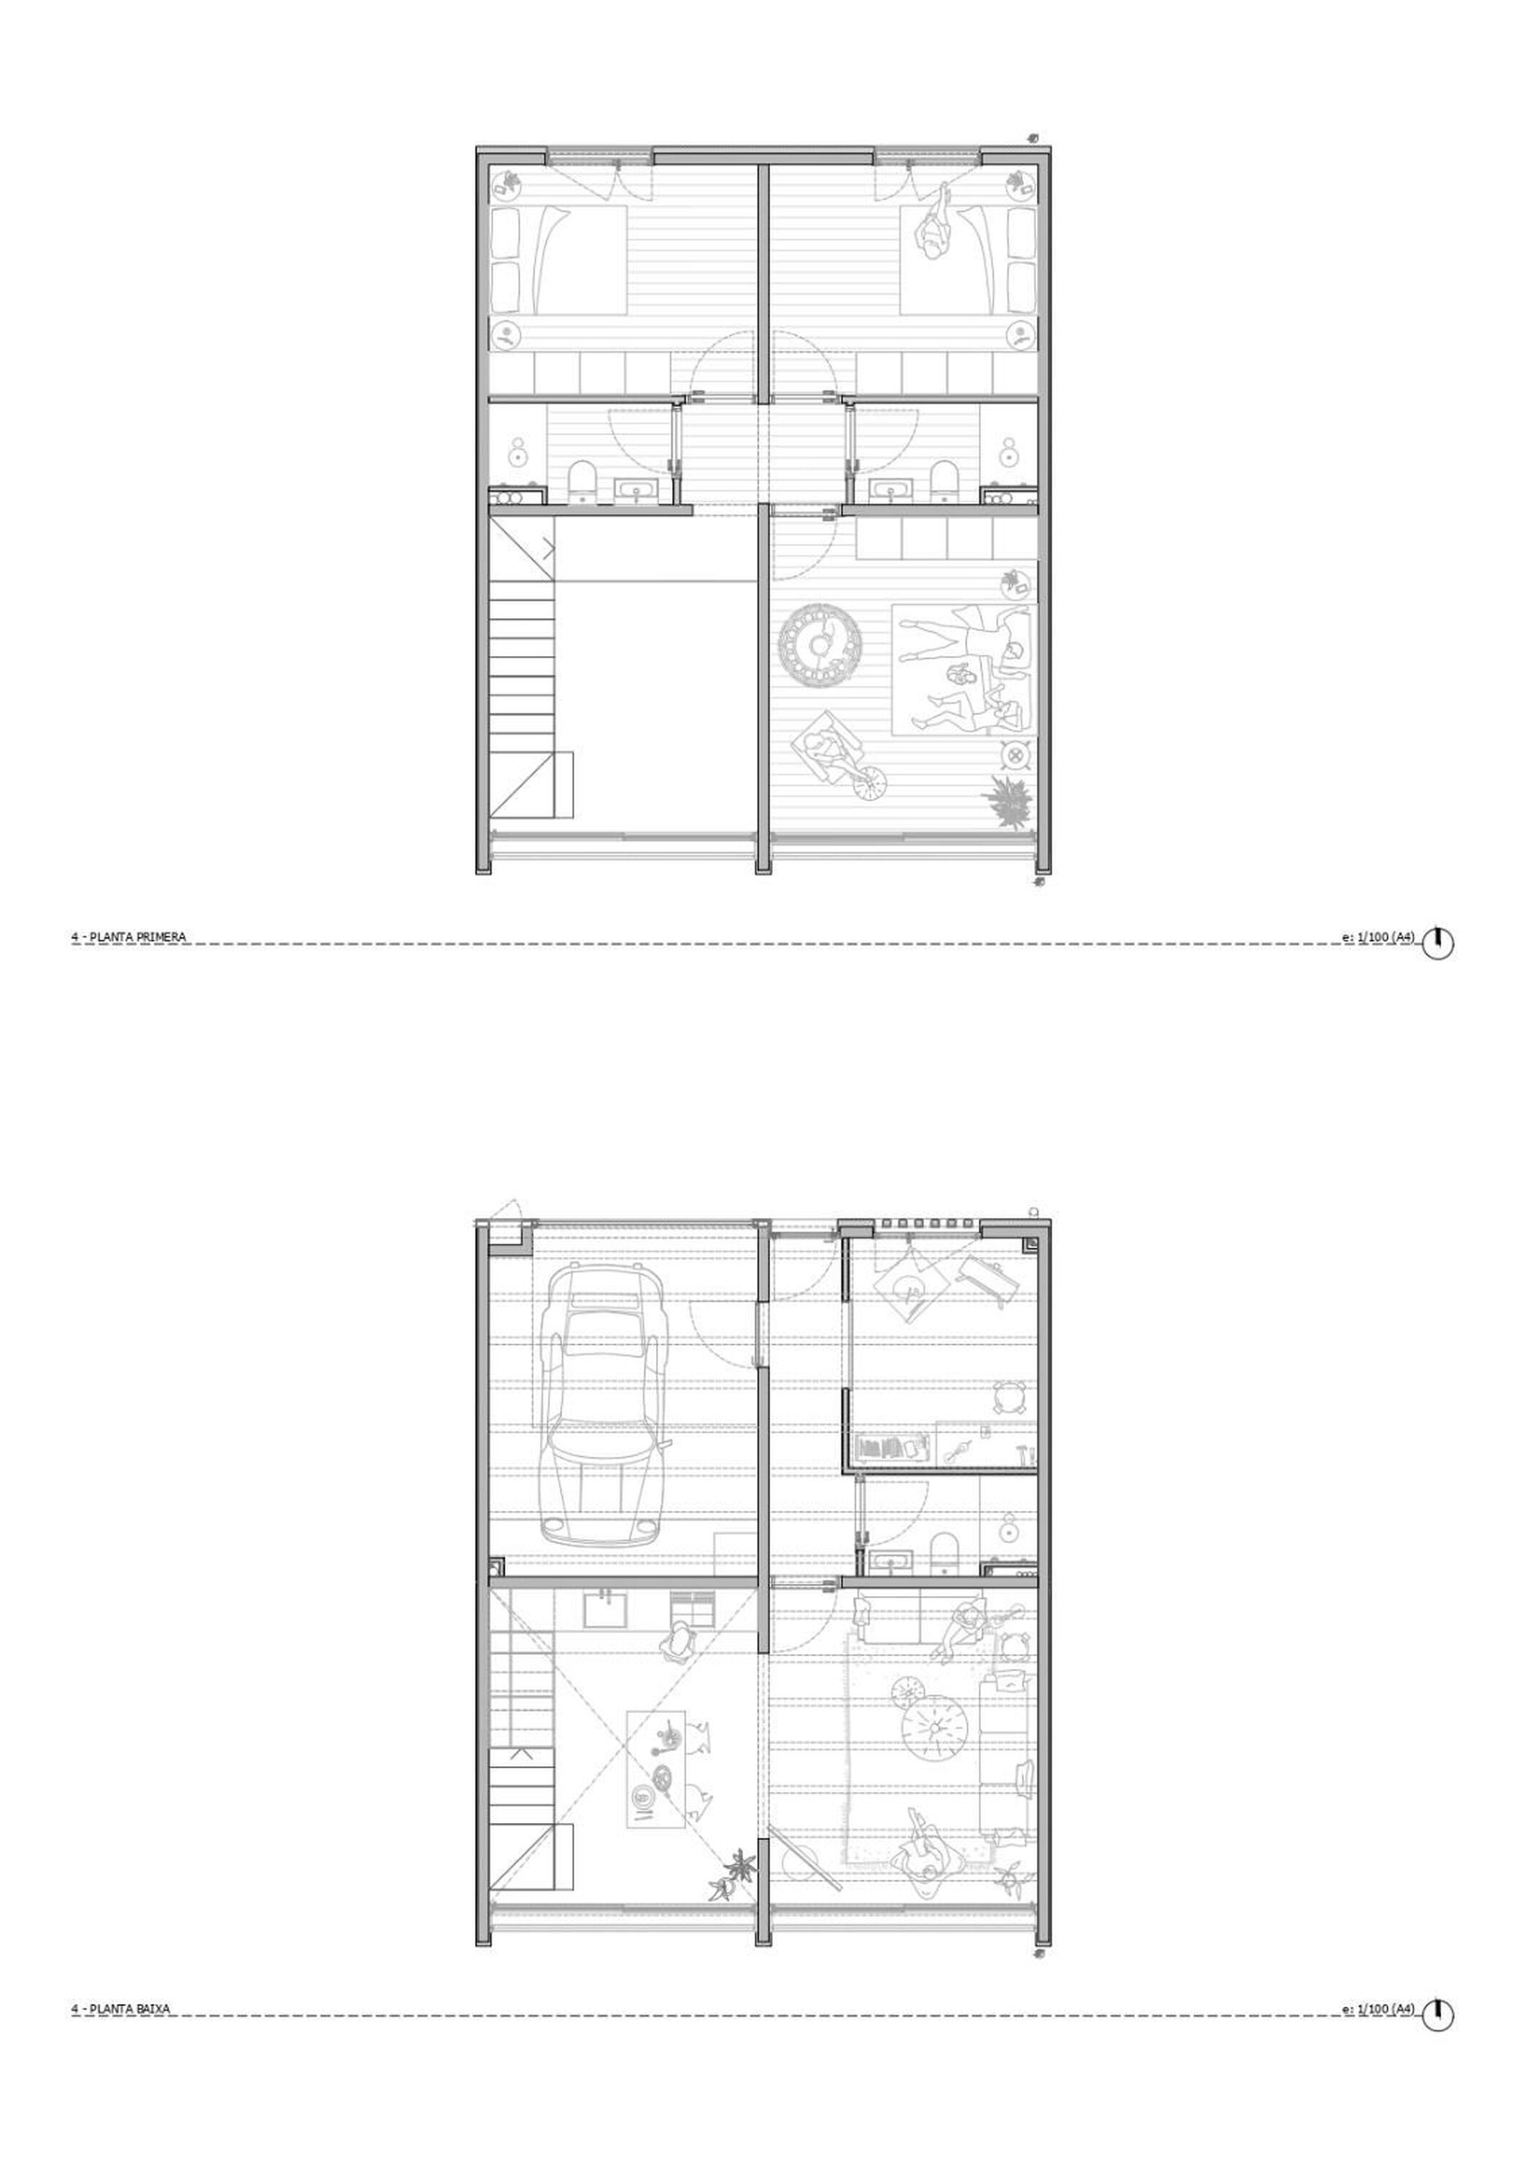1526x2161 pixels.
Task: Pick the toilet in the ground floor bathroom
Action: click(x=943, y=1553)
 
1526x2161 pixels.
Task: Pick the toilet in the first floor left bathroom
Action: click(x=583, y=479)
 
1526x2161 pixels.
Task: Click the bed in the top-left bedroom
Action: click(x=559, y=261)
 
